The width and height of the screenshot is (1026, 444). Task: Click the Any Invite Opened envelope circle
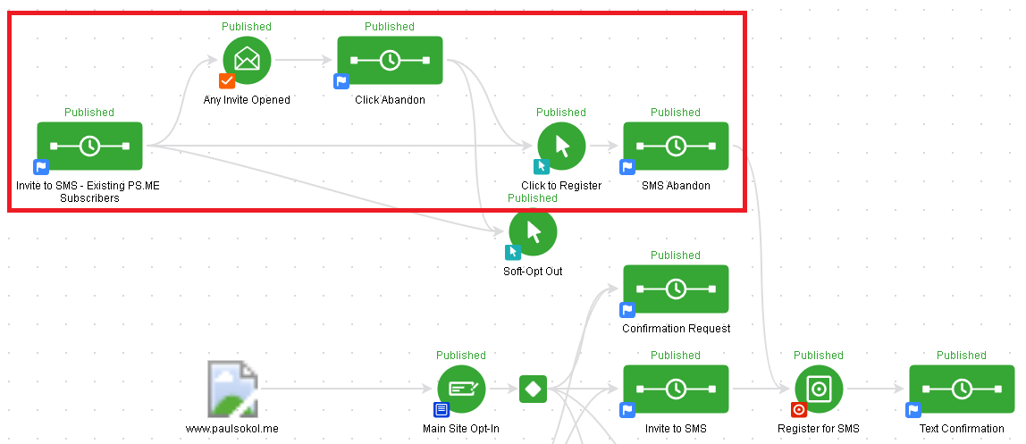[x=247, y=60]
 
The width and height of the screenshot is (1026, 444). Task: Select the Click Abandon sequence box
[x=390, y=60]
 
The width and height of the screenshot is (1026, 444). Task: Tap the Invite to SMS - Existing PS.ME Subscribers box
[x=89, y=146]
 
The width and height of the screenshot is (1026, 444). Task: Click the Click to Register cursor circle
[x=561, y=146]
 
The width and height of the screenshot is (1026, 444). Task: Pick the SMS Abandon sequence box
[x=676, y=146]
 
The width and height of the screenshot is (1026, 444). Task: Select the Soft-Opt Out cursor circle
[x=533, y=231]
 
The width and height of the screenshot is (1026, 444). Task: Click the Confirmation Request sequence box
[x=676, y=289]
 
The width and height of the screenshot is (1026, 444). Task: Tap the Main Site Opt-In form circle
[x=461, y=389]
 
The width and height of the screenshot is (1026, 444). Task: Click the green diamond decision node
[x=533, y=389]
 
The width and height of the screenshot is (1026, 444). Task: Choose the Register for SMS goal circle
[x=819, y=389]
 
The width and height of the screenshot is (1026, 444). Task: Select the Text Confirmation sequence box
[x=962, y=389]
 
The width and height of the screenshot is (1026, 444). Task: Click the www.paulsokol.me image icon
[x=232, y=389]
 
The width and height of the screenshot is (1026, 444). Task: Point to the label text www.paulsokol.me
[x=232, y=429]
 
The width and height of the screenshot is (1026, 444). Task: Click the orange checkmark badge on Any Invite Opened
[x=227, y=81]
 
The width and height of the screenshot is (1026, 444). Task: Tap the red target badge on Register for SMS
[x=799, y=410]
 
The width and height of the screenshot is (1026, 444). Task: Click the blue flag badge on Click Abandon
[x=341, y=81]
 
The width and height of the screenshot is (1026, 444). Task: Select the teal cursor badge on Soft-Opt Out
[x=513, y=253]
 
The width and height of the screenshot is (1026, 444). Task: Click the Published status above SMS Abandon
[x=676, y=113]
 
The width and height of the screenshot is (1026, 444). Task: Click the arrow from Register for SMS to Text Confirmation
[x=876, y=389]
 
